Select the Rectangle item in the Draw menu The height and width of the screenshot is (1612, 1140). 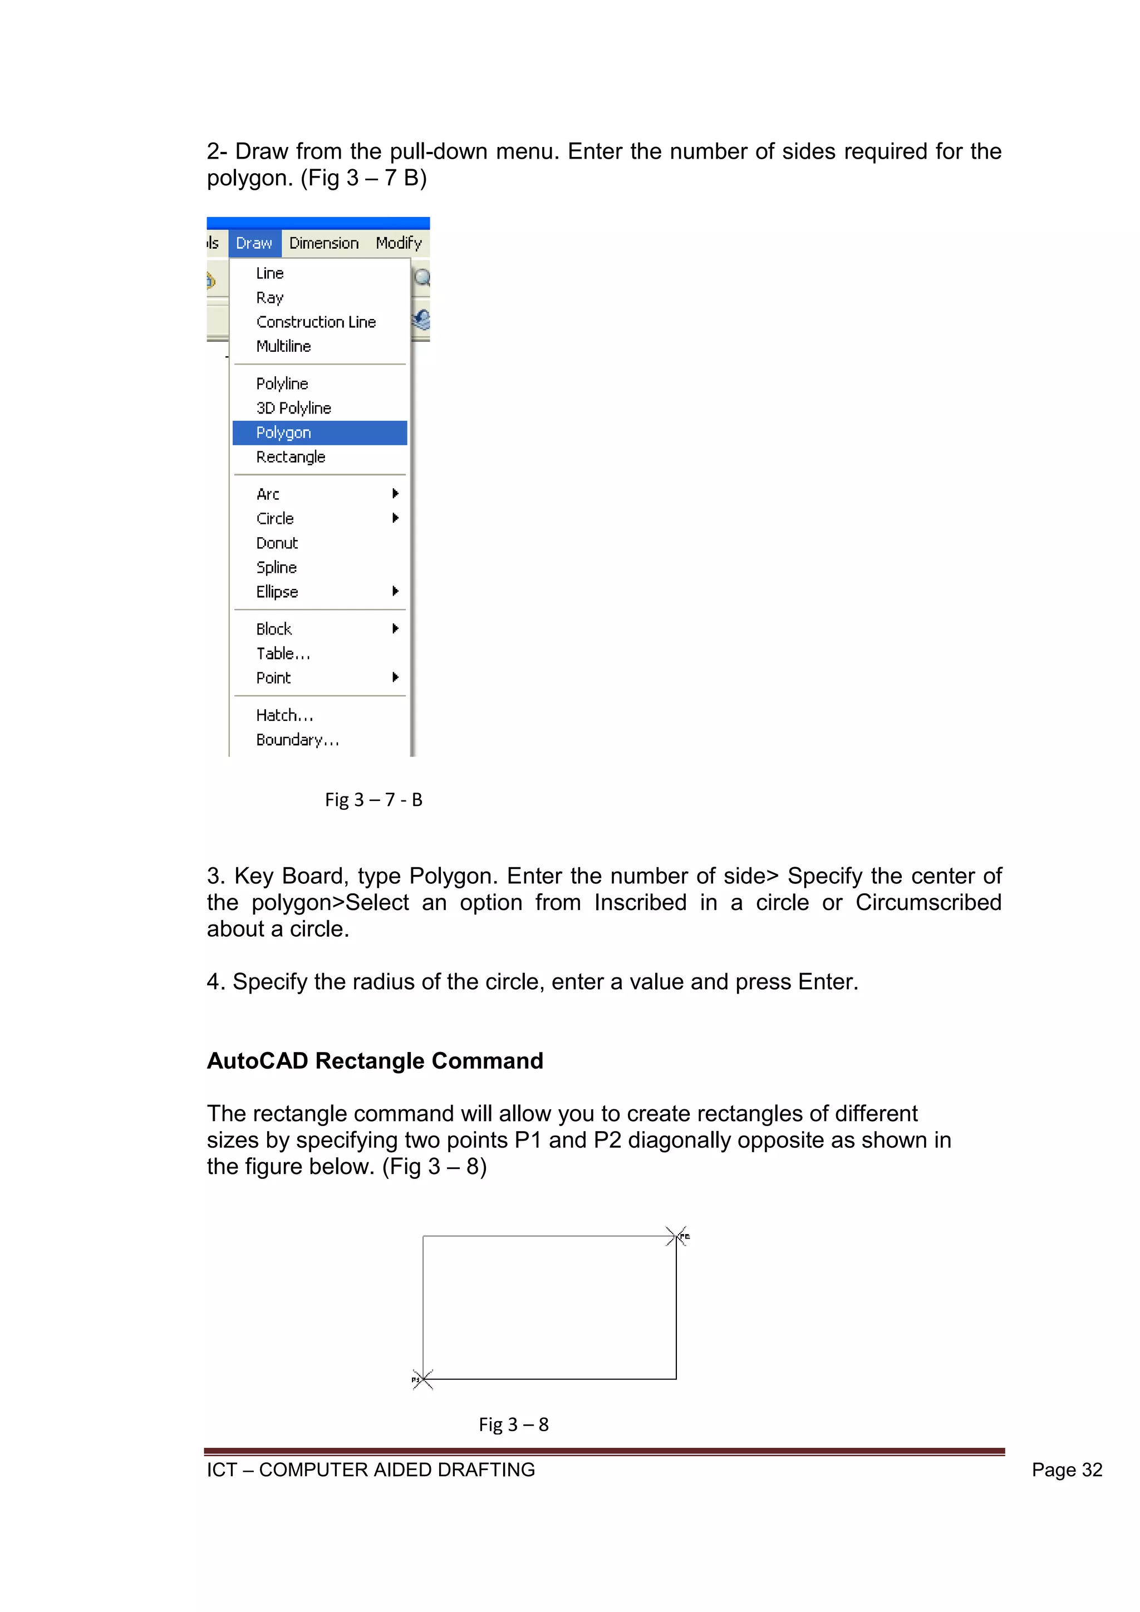click(291, 457)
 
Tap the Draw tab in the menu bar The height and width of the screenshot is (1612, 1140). click(254, 243)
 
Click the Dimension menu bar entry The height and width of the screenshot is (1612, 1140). click(323, 243)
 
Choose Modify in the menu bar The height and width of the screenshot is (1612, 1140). click(398, 243)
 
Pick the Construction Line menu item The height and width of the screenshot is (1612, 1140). click(316, 322)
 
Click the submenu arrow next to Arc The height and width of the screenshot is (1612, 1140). click(395, 494)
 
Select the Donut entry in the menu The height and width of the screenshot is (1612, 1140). click(277, 543)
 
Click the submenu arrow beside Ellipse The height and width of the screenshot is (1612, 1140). click(395, 591)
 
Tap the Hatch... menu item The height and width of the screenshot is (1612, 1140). click(284, 715)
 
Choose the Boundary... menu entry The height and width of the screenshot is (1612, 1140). click(297, 740)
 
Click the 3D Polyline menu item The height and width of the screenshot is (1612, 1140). click(293, 408)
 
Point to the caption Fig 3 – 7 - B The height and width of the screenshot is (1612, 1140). click(374, 800)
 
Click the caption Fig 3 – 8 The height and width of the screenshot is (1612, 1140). click(513, 1424)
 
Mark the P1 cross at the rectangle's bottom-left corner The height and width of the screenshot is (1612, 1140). click(422, 1379)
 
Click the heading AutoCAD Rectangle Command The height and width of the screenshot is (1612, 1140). click(375, 1060)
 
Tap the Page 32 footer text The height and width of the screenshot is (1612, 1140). click(1067, 1470)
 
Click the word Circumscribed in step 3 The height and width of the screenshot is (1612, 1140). click(928, 902)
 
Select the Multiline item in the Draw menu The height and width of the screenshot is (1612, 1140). click(283, 346)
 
